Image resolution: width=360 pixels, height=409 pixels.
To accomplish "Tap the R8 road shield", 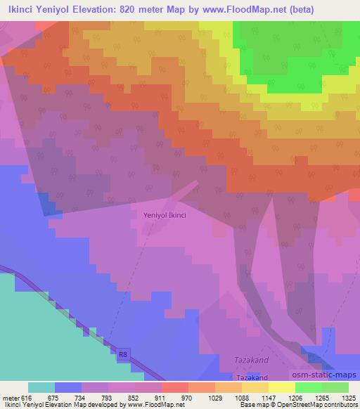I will tap(124, 356).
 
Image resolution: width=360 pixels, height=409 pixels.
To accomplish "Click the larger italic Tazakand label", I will tap(250, 361).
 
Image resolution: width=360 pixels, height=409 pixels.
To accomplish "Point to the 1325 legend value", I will tap(348, 397).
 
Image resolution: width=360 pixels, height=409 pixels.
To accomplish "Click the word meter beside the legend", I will tap(11, 397).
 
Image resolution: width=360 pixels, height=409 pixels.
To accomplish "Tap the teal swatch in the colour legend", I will tap(41, 387).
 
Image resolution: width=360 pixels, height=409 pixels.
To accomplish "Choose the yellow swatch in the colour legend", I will tap(281, 387).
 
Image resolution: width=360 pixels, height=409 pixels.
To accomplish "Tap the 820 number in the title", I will tap(143, 9).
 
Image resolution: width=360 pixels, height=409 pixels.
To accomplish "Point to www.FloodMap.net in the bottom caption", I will tap(148, 405).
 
